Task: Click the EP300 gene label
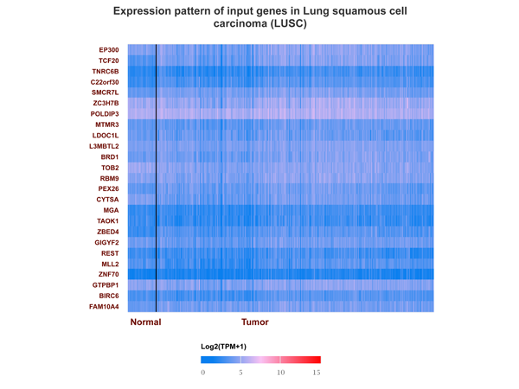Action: point(109,50)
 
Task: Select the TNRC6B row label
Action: point(106,72)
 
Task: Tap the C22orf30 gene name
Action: point(105,82)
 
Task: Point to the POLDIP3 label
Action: point(105,114)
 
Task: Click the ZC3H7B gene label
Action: point(106,103)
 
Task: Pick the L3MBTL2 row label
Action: point(104,146)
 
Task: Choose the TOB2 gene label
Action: point(110,168)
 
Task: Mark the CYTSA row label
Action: point(107,200)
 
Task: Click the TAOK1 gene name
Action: point(107,221)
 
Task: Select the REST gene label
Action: point(110,253)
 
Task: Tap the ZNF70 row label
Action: point(109,274)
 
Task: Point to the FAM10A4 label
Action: point(104,307)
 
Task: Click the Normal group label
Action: point(145,322)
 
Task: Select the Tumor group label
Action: point(255,322)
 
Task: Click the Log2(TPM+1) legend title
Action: point(224,347)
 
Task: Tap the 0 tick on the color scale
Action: point(203,373)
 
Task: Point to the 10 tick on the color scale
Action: point(280,373)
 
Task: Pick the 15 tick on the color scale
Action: point(317,373)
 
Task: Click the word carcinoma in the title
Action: point(240,24)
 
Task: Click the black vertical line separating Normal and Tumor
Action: point(156,178)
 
